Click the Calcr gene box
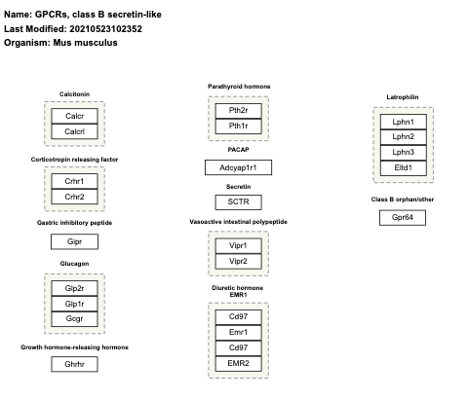point(74,116)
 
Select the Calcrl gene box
point(74,131)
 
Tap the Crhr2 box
point(74,198)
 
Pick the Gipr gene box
point(74,240)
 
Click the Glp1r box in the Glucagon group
point(74,304)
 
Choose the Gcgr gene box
point(74,318)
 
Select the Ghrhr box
point(74,363)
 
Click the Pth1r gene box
point(238,126)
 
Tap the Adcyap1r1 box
point(238,167)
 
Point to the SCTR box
point(238,202)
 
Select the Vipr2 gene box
point(238,261)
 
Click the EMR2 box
point(238,362)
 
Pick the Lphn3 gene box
point(403,152)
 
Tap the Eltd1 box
point(403,167)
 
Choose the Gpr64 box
point(403,217)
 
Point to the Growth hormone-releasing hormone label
point(74,346)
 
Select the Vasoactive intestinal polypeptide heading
point(238,222)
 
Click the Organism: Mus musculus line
point(60,42)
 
